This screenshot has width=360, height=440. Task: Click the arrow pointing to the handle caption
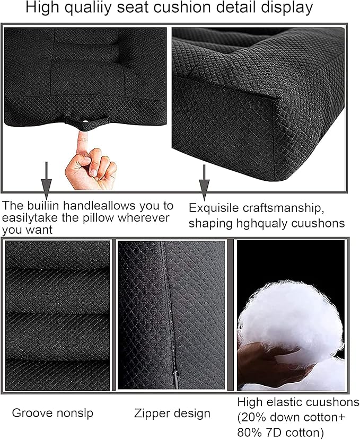click(47, 180)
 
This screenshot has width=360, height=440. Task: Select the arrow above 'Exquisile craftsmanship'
click(204, 182)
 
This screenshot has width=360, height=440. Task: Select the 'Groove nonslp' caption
click(52, 413)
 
